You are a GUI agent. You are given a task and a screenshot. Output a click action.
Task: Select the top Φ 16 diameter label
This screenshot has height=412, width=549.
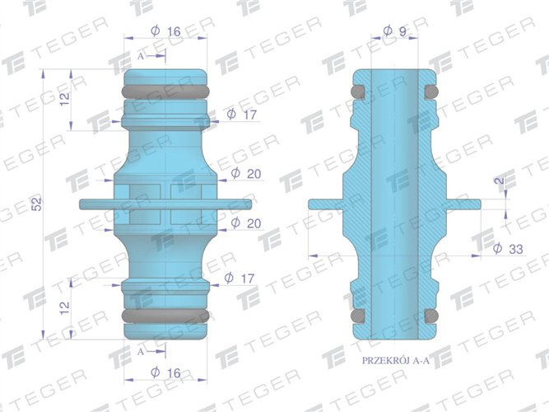pyautogui.click(x=166, y=31)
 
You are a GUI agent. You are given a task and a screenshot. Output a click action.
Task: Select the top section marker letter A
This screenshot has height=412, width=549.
pyautogui.click(x=141, y=55)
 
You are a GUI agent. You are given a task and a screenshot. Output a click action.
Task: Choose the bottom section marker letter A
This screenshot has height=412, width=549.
pyautogui.click(x=141, y=349)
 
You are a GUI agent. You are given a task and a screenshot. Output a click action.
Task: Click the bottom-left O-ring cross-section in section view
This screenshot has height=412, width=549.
pyautogui.click(x=357, y=316)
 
